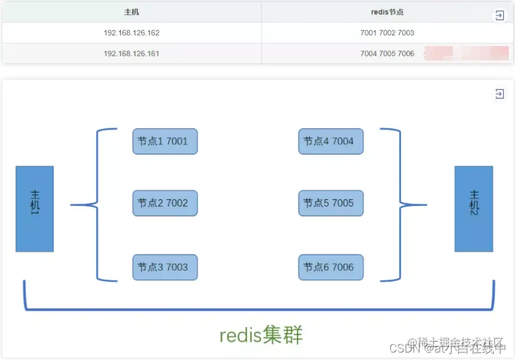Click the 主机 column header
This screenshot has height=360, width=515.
(x=131, y=12)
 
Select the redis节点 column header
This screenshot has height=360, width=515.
(x=387, y=12)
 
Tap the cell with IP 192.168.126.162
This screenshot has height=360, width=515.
(x=131, y=32)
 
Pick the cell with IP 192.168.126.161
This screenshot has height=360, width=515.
(x=131, y=54)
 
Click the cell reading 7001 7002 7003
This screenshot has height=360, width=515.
(x=387, y=32)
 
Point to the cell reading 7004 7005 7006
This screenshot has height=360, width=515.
(x=387, y=54)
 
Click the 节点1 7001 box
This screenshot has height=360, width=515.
(x=164, y=141)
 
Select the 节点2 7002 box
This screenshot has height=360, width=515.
(x=164, y=203)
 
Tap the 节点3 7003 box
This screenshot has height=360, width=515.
(x=164, y=267)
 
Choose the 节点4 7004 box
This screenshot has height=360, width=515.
(x=330, y=141)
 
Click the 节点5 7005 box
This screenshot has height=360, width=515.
(x=330, y=203)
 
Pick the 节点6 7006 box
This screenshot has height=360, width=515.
(x=330, y=267)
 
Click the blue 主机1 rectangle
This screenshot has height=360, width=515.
(x=34, y=209)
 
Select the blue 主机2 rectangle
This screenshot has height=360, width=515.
(x=473, y=209)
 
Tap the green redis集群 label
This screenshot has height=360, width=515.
(x=261, y=335)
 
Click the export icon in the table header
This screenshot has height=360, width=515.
(x=499, y=16)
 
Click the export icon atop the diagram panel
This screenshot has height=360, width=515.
(x=499, y=94)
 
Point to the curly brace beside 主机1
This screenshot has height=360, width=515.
(x=97, y=204)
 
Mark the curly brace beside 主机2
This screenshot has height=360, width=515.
(x=400, y=204)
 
